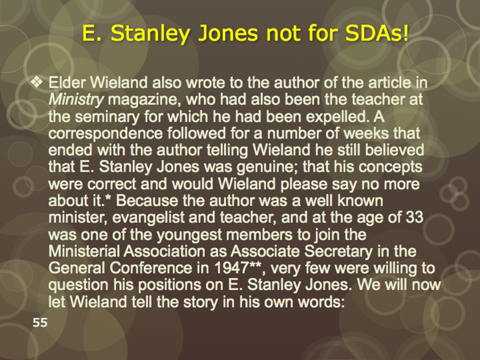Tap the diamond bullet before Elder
point(37,82)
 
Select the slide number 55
point(40,323)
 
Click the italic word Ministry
point(76,100)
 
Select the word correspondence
point(105,134)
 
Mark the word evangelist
point(148,218)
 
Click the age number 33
point(415,217)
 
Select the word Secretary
point(338,251)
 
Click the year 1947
point(232,268)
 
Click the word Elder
point(68,82)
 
